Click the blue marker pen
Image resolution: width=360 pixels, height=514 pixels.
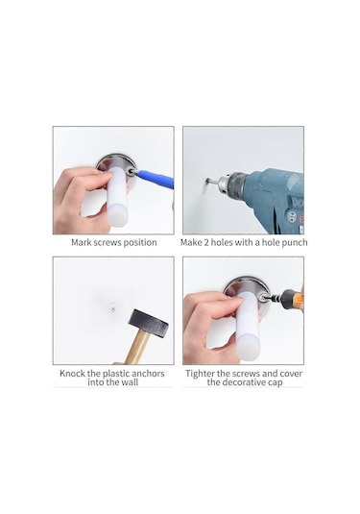coord(154,178)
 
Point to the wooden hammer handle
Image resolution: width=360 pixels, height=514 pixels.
coord(138,347)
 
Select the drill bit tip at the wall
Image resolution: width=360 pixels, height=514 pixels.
coord(207,180)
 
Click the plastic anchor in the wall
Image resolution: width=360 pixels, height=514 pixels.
coord(112,307)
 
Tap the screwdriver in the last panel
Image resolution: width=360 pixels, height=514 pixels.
coord(285,297)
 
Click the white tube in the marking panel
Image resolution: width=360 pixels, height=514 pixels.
coord(116,197)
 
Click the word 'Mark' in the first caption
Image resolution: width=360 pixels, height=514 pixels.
coord(82,242)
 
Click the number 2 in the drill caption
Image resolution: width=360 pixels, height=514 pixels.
coord(205,242)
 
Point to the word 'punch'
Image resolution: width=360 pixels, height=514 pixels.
coord(295,243)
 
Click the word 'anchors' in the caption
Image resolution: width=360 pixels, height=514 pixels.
coord(148,374)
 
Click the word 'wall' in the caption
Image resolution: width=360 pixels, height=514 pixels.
coord(131,382)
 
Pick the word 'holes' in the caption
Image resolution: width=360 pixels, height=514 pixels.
coord(220,242)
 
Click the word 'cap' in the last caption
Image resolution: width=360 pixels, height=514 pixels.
coord(276,383)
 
